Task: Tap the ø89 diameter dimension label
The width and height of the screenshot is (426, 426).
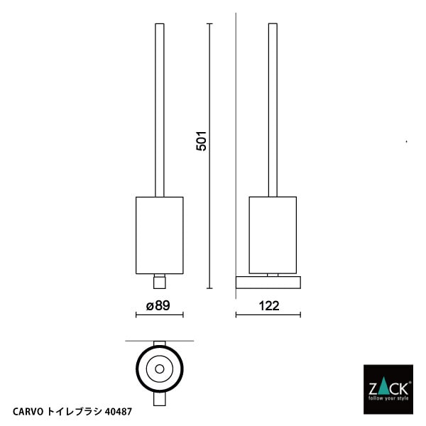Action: [159, 306]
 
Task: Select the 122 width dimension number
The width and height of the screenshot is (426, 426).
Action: [268, 306]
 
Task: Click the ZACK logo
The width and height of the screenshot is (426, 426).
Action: [387, 389]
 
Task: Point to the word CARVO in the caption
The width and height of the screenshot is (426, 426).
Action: [28, 411]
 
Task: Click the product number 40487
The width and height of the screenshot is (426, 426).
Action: [118, 411]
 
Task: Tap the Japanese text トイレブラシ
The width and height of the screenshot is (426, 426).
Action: [75, 411]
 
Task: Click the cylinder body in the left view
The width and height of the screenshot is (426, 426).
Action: [159, 235]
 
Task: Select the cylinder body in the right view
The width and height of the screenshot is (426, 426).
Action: [273, 235]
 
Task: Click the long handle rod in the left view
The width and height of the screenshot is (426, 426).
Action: [159, 106]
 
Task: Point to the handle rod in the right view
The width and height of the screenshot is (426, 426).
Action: [273, 106]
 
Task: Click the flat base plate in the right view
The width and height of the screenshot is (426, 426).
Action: [268, 283]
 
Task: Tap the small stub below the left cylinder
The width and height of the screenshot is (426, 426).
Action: [159, 282]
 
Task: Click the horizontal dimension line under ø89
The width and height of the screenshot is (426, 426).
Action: [159, 315]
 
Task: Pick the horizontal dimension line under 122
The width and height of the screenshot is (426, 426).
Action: [268, 315]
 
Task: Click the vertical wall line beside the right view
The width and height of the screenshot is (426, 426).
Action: [236, 142]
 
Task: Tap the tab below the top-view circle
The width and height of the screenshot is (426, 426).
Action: [159, 399]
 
